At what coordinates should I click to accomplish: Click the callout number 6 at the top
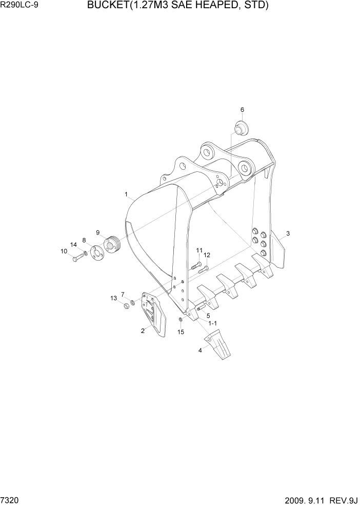pyautogui.click(x=242, y=110)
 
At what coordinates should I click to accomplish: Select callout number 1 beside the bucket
pyautogui.click(x=126, y=194)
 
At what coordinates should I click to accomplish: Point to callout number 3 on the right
pyautogui.click(x=288, y=233)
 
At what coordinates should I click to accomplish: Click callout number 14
pyautogui.click(x=73, y=245)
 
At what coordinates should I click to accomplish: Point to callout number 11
pyautogui.click(x=199, y=250)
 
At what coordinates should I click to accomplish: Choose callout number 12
pyautogui.click(x=207, y=255)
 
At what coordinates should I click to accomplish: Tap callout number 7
pyautogui.click(x=123, y=294)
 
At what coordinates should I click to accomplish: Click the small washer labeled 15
pyautogui.click(x=181, y=320)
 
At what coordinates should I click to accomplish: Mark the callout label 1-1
pyautogui.click(x=212, y=323)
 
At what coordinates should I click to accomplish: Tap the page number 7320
pyautogui.click(x=10, y=499)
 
